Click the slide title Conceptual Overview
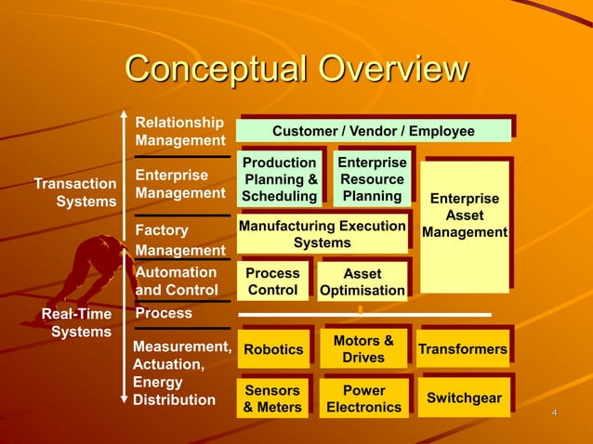296,70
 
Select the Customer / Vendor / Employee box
373,131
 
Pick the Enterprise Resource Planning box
372,179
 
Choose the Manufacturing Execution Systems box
322,234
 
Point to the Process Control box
272,281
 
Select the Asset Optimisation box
362,281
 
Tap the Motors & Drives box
362,349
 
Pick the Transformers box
463,349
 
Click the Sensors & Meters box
272,398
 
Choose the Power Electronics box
363,398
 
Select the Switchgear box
463,398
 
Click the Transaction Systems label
74,192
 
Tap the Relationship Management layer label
179,131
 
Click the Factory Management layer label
179,240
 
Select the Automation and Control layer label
177,281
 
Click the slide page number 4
554,412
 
